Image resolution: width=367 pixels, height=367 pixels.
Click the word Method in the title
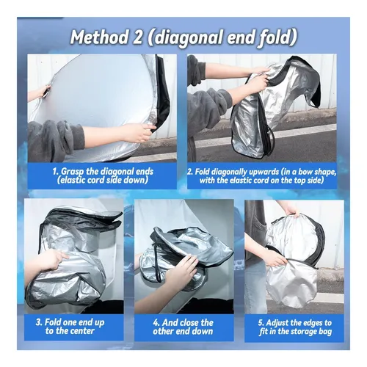click(100, 37)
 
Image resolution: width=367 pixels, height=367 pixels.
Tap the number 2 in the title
click(137, 37)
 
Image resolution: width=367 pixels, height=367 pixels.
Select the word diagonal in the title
click(186, 38)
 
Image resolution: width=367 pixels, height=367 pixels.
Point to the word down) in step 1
click(135, 180)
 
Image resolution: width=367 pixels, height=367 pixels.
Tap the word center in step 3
click(82, 332)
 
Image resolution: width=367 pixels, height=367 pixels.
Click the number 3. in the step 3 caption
click(40, 322)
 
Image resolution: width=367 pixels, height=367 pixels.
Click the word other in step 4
click(164, 331)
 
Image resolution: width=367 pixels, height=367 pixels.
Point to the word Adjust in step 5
click(278, 323)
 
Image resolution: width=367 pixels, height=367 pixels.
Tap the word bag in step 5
click(325, 333)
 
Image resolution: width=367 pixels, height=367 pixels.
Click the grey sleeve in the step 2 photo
click(208, 104)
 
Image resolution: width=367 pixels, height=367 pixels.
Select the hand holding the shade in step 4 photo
click(181, 274)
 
